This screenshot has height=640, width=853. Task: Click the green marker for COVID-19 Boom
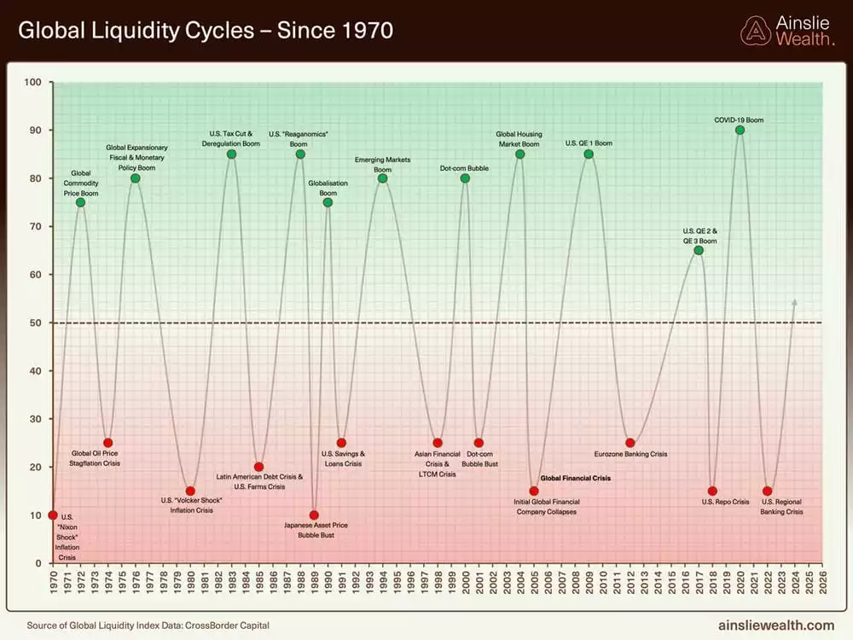(740, 130)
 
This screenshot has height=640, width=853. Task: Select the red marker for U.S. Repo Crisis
(712, 491)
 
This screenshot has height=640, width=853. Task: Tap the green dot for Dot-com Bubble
(465, 177)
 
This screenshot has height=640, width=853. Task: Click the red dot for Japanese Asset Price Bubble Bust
(314, 515)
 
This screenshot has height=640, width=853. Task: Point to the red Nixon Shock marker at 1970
(53, 515)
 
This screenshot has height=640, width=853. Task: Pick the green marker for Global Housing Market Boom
(519, 154)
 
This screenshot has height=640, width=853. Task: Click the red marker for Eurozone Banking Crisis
(630, 443)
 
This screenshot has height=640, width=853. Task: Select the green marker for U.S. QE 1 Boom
(589, 154)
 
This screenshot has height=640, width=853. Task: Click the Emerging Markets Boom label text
(382, 165)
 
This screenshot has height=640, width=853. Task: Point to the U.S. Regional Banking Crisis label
(781, 507)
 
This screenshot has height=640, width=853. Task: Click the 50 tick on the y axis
(36, 323)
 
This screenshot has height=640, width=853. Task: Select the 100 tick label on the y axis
(33, 82)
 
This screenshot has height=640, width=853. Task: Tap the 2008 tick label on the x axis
(575, 583)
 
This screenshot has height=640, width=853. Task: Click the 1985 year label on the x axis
(259, 583)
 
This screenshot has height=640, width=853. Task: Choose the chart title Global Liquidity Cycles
(206, 32)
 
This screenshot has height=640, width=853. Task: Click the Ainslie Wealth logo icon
(755, 31)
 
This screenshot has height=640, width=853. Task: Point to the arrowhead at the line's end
(795, 301)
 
